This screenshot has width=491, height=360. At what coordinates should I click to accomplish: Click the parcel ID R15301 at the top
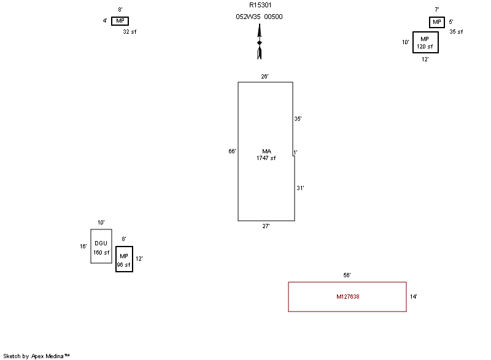(x=260, y=6)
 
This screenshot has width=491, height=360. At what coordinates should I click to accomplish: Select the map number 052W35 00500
(x=260, y=17)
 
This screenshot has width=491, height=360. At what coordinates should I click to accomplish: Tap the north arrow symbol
(x=260, y=42)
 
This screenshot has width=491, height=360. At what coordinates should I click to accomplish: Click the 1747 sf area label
(x=266, y=158)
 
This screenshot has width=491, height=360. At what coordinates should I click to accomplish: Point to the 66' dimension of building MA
(x=232, y=151)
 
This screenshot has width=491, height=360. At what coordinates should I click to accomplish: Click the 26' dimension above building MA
(x=265, y=77)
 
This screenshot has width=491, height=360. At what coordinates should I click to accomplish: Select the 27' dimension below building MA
(x=266, y=226)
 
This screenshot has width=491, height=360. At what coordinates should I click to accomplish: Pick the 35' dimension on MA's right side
(x=298, y=119)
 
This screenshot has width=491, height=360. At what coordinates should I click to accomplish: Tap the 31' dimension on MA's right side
(x=300, y=188)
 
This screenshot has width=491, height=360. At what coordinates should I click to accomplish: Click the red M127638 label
(x=347, y=297)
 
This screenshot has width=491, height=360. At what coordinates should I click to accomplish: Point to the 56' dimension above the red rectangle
(x=347, y=275)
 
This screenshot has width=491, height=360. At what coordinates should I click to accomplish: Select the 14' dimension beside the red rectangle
(x=414, y=297)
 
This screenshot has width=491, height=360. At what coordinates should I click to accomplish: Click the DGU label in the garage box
(x=101, y=243)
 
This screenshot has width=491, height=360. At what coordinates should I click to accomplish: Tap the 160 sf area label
(x=101, y=253)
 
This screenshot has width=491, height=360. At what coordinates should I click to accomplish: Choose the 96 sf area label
(x=124, y=266)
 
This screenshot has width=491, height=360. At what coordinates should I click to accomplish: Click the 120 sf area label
(x=425, y=47)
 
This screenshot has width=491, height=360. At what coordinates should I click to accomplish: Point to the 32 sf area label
(x=130, y=31)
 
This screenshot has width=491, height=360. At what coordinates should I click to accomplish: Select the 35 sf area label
(x=456, y=31)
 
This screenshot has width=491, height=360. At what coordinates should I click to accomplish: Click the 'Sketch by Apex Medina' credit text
(x=36, y=356)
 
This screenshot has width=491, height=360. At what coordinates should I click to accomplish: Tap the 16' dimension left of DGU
(x=83, y=247)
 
